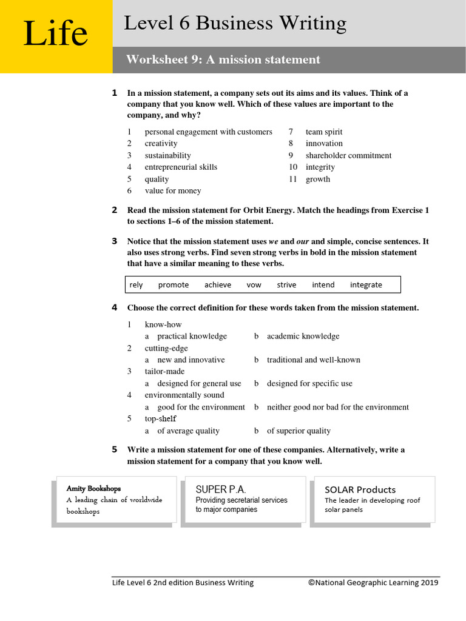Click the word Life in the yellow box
click(55, 34)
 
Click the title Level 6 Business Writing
click(235, 24)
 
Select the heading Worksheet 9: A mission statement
click(223, 59)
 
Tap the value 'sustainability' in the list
click(167, 155)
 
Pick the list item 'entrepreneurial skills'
click(180, 167)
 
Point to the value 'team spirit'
click(324, 132)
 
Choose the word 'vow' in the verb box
click(254, 285)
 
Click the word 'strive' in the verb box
click(286, 285)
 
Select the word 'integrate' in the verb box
click(366, 285)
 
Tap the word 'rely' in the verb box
click(137, 285)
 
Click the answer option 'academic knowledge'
click(303, 336)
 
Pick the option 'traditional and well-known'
click(313, 360)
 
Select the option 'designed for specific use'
click(309, 383)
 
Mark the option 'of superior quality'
click(299, 431)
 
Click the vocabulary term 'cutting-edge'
click(166, 348)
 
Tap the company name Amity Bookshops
click(93, 488)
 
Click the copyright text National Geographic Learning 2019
click(373, 583)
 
